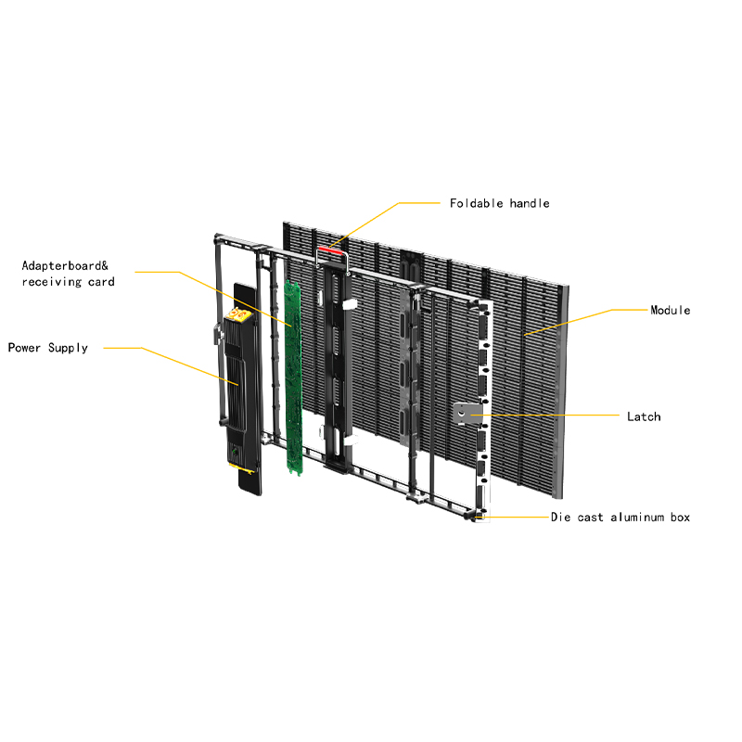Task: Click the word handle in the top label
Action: pyautogui.click(x=530, y=203)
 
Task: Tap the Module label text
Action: pyautogui.click(x=670, y=310)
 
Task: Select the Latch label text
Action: pyautogui.click(x=644, y=416)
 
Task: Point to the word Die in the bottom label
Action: pyautogui.click(x=561, y=518)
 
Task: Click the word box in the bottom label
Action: pyautogui.click(x=680, y=518)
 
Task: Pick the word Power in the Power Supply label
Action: pyautogui.click(x=25, y=348)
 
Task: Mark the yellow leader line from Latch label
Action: pyautogui.click(x=556, y=416)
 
